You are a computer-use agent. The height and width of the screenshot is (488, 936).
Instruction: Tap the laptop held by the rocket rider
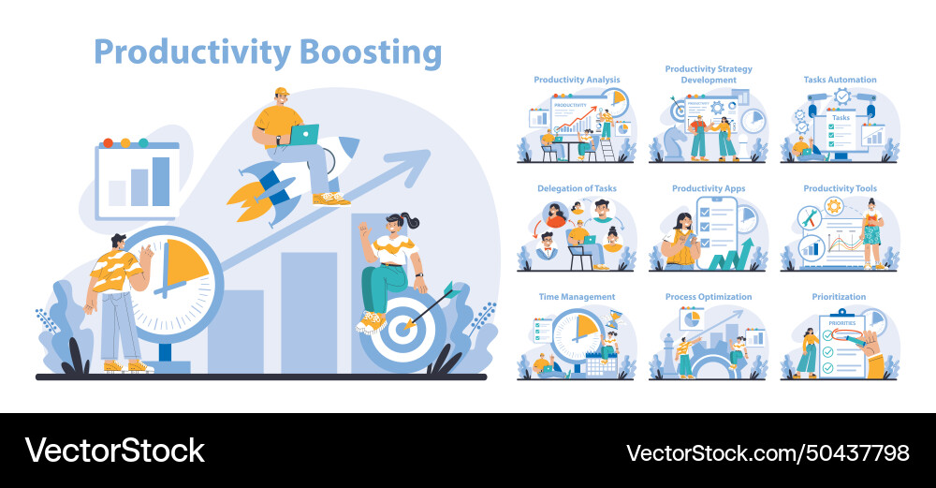(x=303, y=135)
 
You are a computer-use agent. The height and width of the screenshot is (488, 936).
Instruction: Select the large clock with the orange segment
(x=172, y=272)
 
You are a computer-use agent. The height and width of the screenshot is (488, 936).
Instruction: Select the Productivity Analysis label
(x=577, y=80)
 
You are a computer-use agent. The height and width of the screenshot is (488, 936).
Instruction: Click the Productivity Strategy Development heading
(x=709, y=74)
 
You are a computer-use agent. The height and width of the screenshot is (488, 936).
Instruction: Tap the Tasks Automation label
(x=840, y=80)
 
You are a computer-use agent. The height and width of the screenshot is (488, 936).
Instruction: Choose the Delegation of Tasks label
(x=577, y=188)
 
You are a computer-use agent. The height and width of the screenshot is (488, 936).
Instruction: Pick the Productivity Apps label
(x=709, y=188)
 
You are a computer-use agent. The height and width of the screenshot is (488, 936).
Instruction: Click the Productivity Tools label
(x=840, y=188)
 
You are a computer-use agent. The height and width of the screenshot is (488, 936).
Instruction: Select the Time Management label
(x=577, y=297)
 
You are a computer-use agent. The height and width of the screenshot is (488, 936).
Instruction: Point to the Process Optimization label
(x=709, y=297)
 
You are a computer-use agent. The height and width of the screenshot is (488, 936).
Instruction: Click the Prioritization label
(x=840, y=297)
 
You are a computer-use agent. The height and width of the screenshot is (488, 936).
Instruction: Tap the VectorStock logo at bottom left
(x=114, y=451)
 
